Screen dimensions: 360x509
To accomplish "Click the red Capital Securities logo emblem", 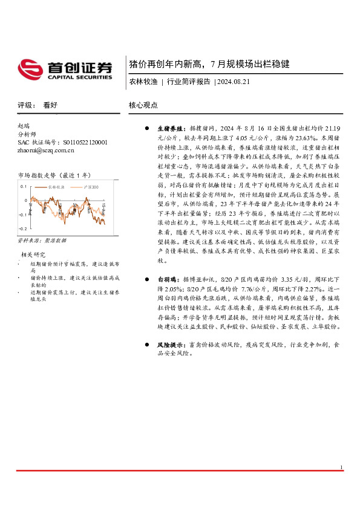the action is click(x=30, y=69).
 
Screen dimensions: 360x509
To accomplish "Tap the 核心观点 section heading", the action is click(x=143, y=105).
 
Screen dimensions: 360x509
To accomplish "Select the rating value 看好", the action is click(x=50, y=105).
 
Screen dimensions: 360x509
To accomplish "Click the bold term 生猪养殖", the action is click(x=169, y=129).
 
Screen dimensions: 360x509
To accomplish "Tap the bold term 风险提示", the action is click(x=169, y=344).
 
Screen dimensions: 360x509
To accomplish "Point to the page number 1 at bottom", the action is click(x=341, y=484).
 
